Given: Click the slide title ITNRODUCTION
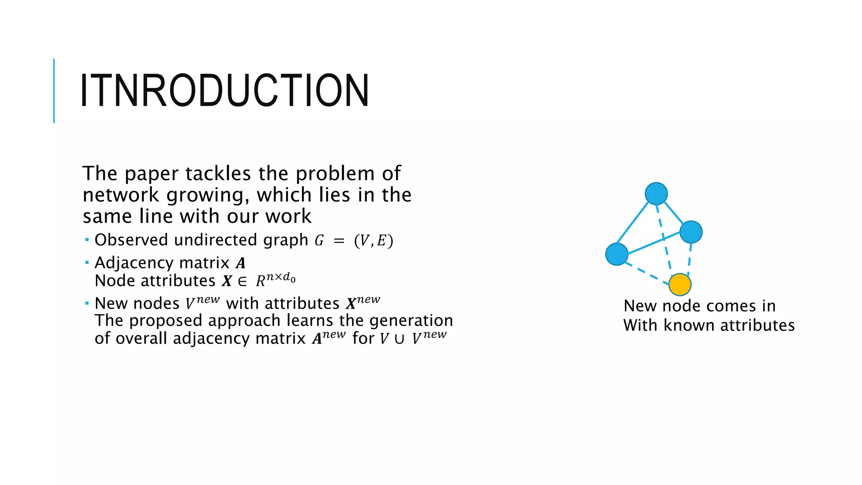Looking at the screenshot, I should click(224, 91).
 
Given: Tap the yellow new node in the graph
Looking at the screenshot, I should click(680, 285).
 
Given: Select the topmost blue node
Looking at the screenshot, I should click(656, 194).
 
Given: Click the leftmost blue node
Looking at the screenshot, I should click(617, 254).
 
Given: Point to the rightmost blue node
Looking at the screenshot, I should click(691, 232).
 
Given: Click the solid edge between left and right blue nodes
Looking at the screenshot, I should click(654, 243).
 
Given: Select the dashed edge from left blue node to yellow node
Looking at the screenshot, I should click(647, 274).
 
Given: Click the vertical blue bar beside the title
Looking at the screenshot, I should click(54, 91).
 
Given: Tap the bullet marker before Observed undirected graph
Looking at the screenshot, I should click(87, 240).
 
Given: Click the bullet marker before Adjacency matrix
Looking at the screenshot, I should click(87, 263).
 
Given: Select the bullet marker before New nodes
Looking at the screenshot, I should click(87, 303).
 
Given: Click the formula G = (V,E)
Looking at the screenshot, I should click(354, 240).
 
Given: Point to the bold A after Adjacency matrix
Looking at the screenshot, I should click(240, 263).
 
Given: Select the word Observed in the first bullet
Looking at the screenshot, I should click(131, 240).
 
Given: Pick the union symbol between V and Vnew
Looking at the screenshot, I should click(399, 339).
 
